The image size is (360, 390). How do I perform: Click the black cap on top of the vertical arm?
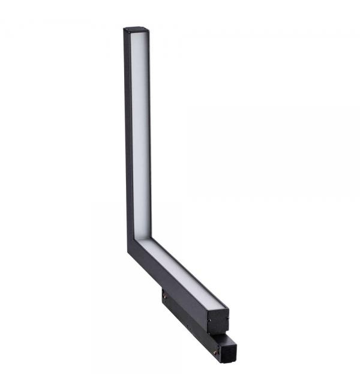tap(136, 29)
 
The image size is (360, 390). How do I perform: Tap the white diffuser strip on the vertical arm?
tap(140, 132)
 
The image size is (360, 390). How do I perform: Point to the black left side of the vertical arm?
tap(128, 132)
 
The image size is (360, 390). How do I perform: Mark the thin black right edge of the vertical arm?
tap(150, 132)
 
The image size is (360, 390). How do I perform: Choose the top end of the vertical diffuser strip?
tap(140, 35)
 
